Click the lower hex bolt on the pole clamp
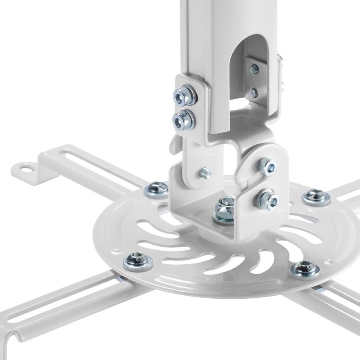click(x=183, y=119)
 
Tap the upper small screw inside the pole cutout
click(x=255, y=69)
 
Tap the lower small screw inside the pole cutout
click(x=254, y=93)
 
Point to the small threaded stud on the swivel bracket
click(x=205, y=173)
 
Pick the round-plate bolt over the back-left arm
click(x=156, y=189)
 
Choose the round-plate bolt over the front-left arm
click(x=138, y=261)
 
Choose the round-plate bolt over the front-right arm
click(x=305, y=270)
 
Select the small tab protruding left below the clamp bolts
click(x=174, y=144)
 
